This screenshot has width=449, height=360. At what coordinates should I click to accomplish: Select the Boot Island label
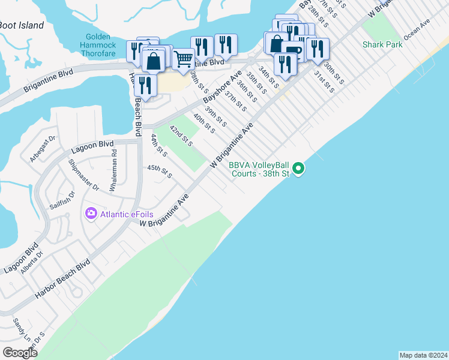click(x=22, y=25)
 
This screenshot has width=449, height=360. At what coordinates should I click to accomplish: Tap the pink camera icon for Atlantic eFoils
click(x=91, y=213)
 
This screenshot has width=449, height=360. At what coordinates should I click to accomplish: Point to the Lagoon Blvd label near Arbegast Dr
click(x=92, y=145)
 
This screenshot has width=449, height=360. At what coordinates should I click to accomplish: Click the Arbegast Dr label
click(x=43, y=149)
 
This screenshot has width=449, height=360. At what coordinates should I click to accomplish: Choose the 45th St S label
click(x=160, y=171)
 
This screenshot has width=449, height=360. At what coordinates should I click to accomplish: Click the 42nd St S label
click(x=180, y=136)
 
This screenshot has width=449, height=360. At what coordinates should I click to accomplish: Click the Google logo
click(x=20, y=353)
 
